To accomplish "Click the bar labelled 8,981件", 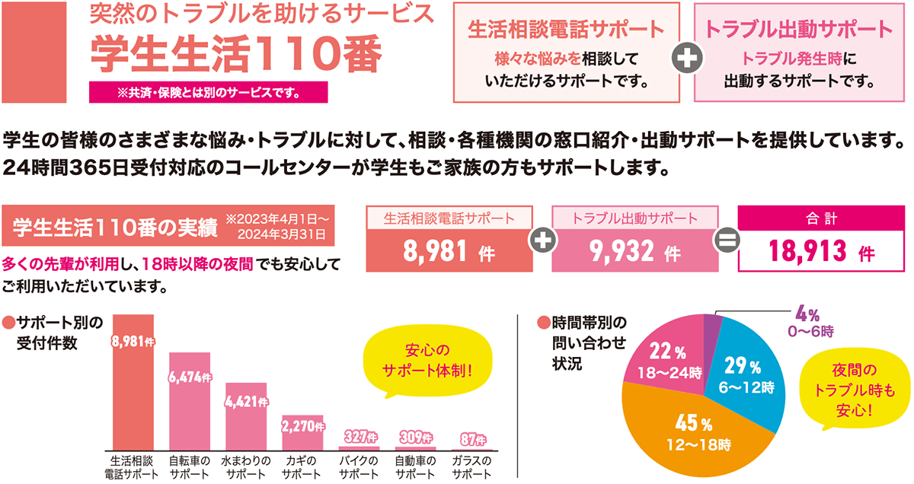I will tap(133, 388).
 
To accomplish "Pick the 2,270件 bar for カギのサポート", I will tap(302, 434).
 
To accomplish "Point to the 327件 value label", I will tap(359, 437).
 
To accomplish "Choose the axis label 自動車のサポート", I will tap(415, 467).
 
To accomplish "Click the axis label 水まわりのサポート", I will tap(245, 467).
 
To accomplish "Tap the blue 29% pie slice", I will tap(750, 373).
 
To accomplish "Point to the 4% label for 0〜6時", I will tap(808, 314).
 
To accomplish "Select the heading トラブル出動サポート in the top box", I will tap(797, 30).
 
